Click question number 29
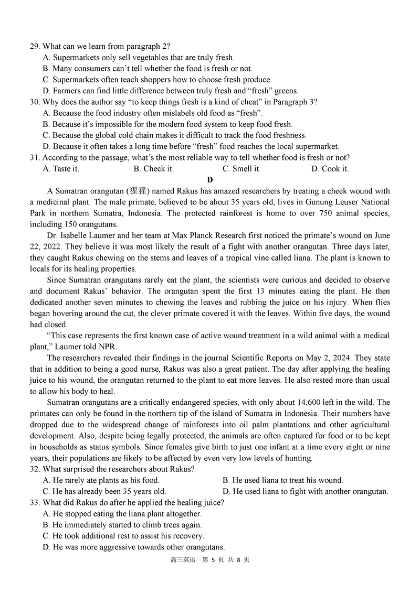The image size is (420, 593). pos(35,46)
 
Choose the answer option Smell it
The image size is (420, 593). pos(241,169)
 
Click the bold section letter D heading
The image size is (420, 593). pos(210,180)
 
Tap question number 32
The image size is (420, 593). pos(35,469)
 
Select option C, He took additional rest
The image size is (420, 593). pos(123,536)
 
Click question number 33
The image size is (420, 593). pos(35,502)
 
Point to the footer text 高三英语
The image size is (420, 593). pos(183,560)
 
